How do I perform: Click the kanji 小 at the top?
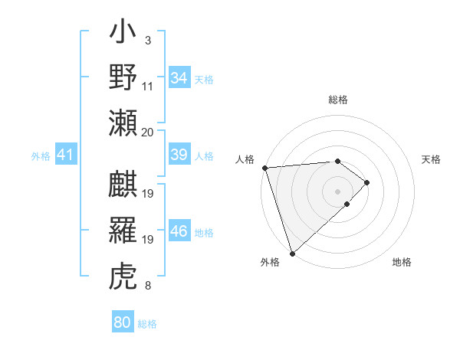point(123,35)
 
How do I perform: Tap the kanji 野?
point(123,77)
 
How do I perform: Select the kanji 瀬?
point(123,123)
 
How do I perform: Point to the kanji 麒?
point(123,186)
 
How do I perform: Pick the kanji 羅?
point(123,231)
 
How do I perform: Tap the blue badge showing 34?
point(179,78)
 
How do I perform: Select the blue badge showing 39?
point(179,155)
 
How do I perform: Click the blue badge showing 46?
point(179,231)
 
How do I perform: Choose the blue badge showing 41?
point(65,155)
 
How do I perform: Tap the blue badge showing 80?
point(123,322)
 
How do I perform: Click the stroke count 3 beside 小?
point(147,41)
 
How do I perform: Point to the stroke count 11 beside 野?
point(148,86)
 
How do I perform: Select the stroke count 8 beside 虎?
point(147,286)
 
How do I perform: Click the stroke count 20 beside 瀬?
point(148,132)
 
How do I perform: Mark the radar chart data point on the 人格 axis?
point(264,168)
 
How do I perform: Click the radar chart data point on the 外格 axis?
point(292,253)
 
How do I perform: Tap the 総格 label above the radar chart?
point(337,100)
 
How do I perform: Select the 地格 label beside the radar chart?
point(402,263)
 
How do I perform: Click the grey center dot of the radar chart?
point(337,190)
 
